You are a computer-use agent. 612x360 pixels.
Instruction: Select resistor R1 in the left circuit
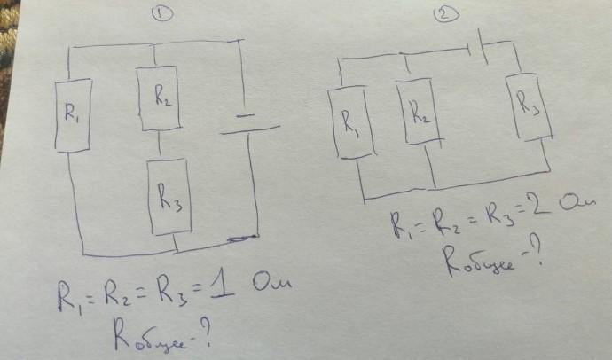point(67,113)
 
